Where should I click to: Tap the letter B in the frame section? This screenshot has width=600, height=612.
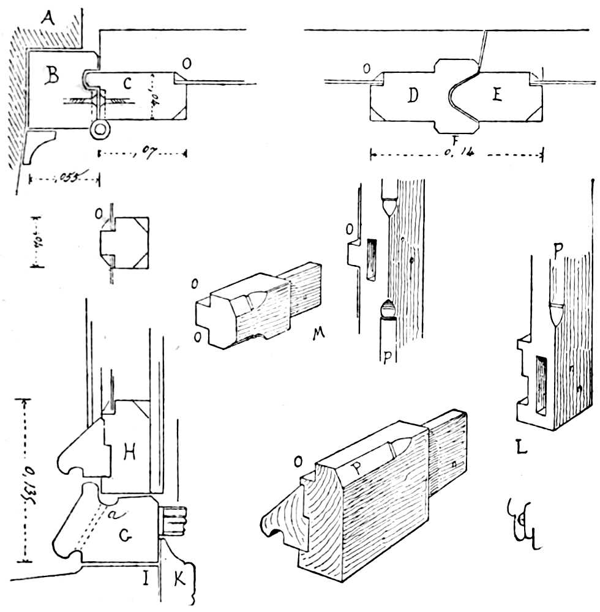[x=53, y=76]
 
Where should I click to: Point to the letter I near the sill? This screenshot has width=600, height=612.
[x=146, y=578]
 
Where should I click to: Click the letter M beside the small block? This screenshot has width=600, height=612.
[x=317, y=335]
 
